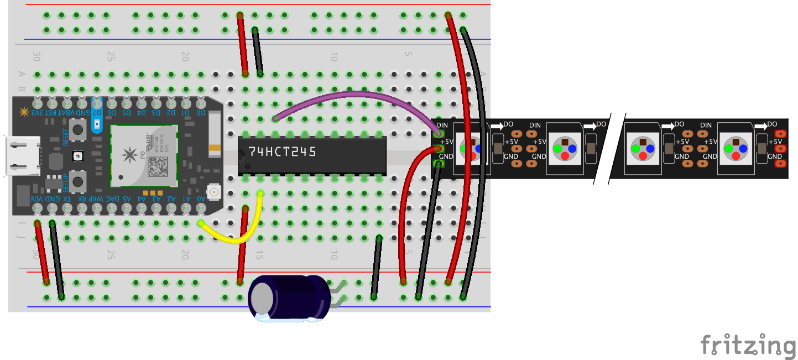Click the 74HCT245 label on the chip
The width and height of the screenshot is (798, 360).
[x=282, y=152]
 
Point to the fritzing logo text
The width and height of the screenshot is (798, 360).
[x=748, y=345]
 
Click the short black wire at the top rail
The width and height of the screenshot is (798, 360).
[x=257, y=51]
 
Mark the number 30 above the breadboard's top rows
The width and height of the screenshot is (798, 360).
[x=36, y=56]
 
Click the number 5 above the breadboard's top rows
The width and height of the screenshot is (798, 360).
[x=408, y=54]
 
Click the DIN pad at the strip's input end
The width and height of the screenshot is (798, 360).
[x=440, y=133]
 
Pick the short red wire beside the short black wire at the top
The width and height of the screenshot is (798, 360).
[x=242, y=44]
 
